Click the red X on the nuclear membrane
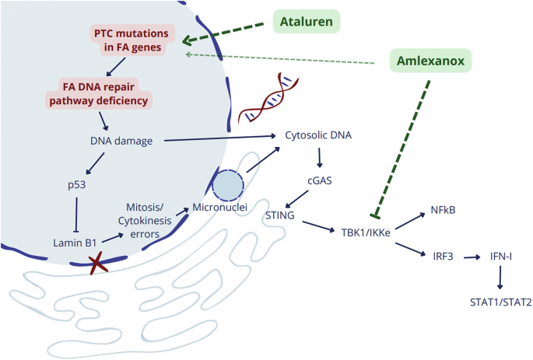97,265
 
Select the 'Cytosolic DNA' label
319,135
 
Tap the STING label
280,215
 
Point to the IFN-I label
500,254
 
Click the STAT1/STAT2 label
500,302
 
